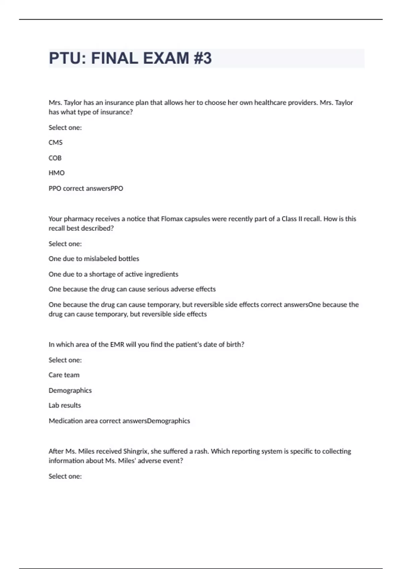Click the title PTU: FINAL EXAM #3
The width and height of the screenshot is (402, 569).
click(x=130, y=58)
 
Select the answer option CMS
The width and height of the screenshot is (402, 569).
click(x=56, y=143)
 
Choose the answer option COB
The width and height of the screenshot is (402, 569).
click(x=55, y=158)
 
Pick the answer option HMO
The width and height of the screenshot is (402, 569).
click(x=57, y=173)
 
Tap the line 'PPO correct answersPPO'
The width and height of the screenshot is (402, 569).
click(x=86, y=188)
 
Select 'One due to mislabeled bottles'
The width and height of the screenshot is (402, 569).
click(x=94, y=259)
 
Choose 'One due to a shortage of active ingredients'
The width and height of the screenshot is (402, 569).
click(x=113, y=274)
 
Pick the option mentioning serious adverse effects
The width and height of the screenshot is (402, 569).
click(x=132, y=289)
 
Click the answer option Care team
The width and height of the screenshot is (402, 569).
click(x=64, y=375)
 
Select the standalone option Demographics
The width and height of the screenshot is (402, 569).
click(x=70, y=390)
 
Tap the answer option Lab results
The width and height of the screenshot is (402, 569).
click(x=65, y=405)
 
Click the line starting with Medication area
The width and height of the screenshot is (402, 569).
click(x=119, y=421)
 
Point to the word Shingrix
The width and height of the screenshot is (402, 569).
click(x=135, y=451)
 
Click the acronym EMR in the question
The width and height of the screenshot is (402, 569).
click(x=117, y=344)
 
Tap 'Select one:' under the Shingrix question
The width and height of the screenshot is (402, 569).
click(x=65, y=476)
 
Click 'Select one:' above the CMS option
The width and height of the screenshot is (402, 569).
click(x=65, y=128)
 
